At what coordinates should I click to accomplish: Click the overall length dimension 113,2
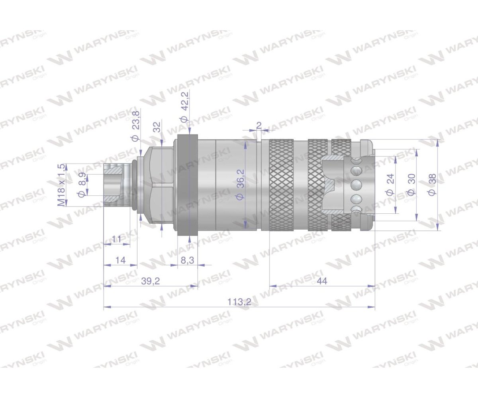click(x=239, y=302)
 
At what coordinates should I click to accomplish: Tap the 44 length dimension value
click(x=322, y=281)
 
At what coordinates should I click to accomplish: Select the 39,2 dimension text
click(x=151, y=281)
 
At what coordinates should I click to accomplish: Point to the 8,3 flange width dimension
click(x=188, y=260)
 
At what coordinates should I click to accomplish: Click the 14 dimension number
click(x=121, y=260)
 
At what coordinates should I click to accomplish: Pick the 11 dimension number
click(x=117, y=239)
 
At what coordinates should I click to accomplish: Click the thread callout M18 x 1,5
click(x=61, y=185)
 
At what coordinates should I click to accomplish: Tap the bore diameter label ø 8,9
click(x=82, y=185)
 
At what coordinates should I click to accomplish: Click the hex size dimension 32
click(x=157, y=127)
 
